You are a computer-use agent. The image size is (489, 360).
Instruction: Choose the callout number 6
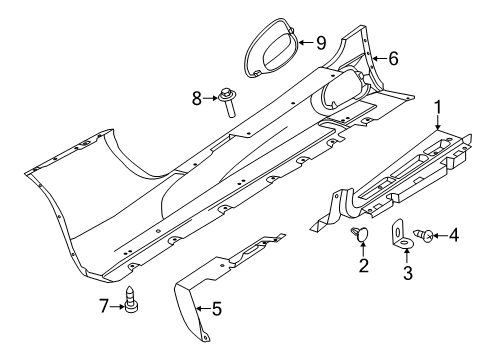393,59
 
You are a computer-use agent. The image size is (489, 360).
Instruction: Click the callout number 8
196,97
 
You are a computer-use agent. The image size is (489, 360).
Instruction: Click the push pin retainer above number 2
361,236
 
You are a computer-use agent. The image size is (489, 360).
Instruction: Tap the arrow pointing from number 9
303,42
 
